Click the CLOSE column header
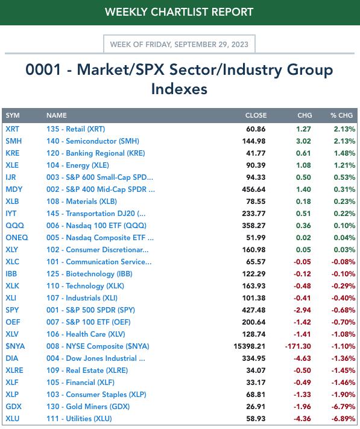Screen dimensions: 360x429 [256, 115]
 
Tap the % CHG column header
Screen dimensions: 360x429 [341, 115]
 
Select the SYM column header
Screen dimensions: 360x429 [13, 115]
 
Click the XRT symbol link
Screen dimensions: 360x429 [12, 129]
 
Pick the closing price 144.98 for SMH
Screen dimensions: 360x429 [254, 141]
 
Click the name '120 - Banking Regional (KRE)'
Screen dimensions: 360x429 [96, 153]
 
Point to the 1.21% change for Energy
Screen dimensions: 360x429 [344, 165]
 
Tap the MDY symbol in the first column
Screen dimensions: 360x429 [14, 189]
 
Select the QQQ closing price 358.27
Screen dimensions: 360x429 [254, 226]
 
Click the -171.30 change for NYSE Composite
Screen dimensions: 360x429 [298, 346]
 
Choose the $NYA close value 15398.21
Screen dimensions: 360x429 [249, 346]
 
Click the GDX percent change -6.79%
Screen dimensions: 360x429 [343, 407]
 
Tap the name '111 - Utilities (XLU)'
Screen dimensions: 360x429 [79, 419]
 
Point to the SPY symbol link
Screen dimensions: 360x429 [12, 310]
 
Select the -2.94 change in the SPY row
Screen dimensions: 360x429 [302, 310]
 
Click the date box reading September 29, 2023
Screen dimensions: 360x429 [179, 44]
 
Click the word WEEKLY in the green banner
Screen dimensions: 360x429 [126, 12]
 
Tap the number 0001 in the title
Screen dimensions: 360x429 [43, 69]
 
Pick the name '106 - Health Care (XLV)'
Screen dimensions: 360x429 [86, 334]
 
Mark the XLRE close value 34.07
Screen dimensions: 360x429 [256, 370]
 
